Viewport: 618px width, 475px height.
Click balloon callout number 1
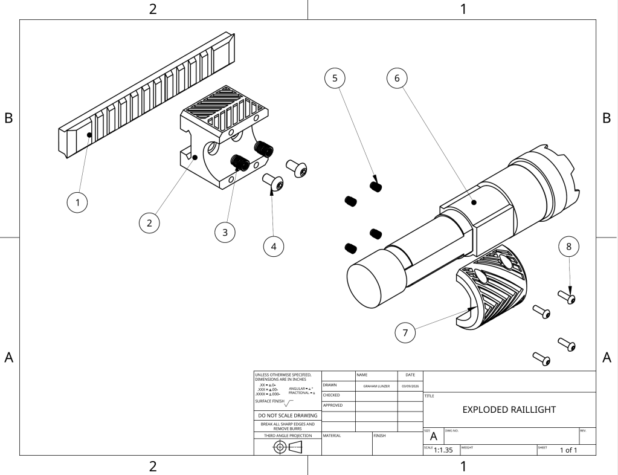(76, 202)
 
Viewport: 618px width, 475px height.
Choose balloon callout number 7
(405, 331)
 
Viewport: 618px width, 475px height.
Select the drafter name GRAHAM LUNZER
(376, 386)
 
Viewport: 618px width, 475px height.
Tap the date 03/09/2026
(411, 386)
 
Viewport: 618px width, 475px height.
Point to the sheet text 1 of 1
(568, 450)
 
